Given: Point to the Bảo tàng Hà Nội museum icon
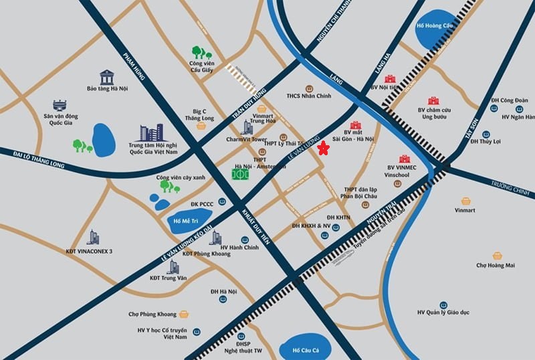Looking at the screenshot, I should tap(107, 76).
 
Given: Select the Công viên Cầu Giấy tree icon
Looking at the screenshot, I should tap(201, 52).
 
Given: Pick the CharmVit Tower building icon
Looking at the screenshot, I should tap(248, 127).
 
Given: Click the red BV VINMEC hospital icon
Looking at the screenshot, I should tap(405, 159).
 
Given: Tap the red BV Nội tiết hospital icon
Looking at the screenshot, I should tap(390, 79).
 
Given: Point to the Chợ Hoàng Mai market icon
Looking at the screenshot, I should tap(497, 256).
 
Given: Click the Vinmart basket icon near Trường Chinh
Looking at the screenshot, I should tap(466, 201).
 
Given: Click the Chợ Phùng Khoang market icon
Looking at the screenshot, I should tap(183, 314).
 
